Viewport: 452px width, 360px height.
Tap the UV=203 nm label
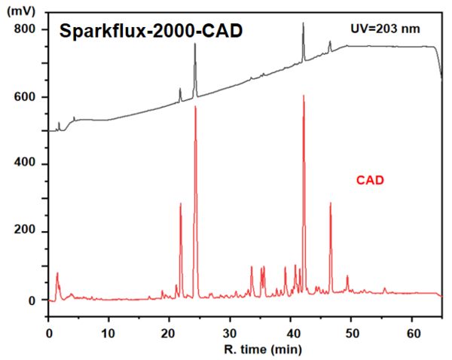385,29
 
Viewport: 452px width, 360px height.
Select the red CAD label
371,180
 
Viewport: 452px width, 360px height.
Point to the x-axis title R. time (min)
263,350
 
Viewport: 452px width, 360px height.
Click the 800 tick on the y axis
26,29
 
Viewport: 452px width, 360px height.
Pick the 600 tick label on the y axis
26,97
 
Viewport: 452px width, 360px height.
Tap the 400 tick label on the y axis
26,164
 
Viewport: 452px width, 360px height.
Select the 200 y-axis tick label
26,233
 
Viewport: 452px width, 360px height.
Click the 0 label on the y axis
32,301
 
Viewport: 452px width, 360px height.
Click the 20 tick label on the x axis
169,331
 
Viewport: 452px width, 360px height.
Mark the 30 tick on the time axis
231,331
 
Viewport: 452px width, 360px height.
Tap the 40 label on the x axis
291,331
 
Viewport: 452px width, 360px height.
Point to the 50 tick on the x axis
352,331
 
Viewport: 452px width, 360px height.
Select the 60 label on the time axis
413,331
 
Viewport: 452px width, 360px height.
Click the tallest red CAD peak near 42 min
304,96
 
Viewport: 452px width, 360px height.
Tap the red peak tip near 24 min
195,108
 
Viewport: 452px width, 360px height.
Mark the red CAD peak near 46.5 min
331,203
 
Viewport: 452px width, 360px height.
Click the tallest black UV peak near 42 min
303,24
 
